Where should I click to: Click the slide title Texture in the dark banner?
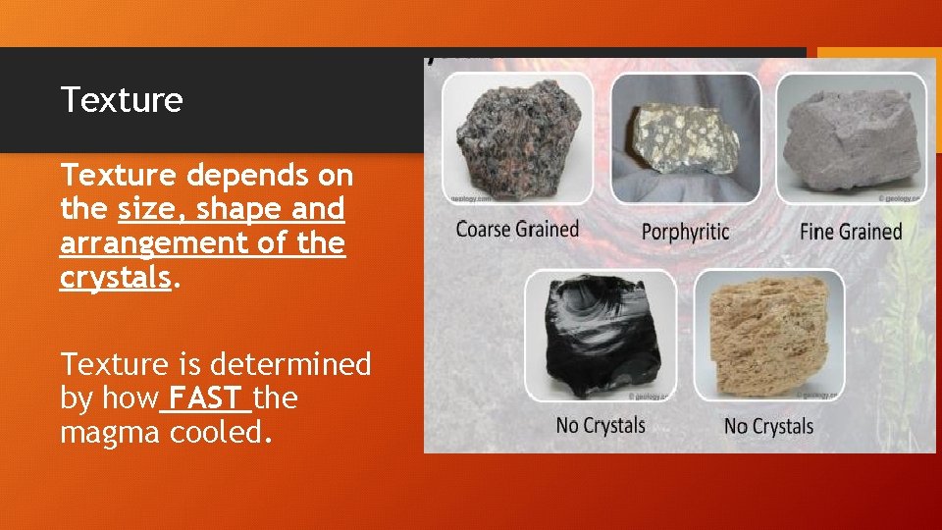pyautogui.click(x=122, y=100)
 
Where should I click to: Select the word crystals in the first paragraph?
pyautogui.click(x=115, y=278)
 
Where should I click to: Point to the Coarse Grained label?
pyautogui.click(x=517, y=230)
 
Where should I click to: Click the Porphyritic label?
pyautogui.click(x=685, y=232)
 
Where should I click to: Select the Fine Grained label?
pyautogui.click(x=851, y=232)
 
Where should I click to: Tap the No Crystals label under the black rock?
pyautogui.click(x=601, y=425)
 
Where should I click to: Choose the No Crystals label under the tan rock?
pyautogui.click(x=768, y=426)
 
